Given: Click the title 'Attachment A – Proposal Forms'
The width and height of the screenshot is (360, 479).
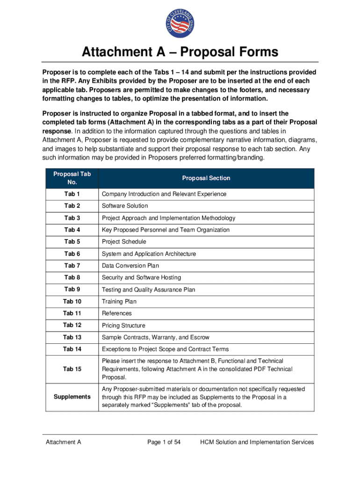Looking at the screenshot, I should click(x=180, y=51).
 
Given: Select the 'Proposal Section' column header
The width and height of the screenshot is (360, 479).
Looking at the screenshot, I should click(x=206, y=178).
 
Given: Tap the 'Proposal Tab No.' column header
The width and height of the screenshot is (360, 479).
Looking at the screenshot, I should click(x=72, y=178).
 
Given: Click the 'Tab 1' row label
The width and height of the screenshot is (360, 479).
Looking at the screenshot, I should click(x=72, y=194).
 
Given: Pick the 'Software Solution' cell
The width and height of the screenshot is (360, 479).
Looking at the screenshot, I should click(x=125, y=206).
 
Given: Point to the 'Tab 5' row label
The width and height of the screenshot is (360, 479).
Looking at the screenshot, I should click(x=72, y=242).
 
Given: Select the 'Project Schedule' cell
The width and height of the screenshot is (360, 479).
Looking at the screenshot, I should click(x=124, y=242).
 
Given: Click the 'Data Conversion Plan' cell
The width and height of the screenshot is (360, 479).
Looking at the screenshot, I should click(x=130, y=266).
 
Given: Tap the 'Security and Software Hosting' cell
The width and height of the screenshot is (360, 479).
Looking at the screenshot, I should click(x=141, y=277).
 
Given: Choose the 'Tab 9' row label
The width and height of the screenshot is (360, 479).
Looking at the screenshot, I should click(x=72, y=290).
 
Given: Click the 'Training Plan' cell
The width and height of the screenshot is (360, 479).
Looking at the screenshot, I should click(x=119, y=302).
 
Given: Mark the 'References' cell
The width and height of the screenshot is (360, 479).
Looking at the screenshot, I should click(x=117, y=313).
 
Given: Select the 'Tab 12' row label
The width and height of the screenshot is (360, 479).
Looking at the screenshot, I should click(x=72, y=325).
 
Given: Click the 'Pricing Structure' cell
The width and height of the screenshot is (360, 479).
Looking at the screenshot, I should click(x=123, y=326).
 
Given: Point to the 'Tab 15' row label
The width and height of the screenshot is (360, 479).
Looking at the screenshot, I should click(x=72, y=369).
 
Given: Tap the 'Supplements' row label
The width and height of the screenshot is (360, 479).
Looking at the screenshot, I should click(x=72, y=397).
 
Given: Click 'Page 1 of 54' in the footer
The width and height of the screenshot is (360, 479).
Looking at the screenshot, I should click(x=164, y=442).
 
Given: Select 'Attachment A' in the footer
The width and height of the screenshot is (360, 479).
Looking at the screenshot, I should click(x=64, y=442).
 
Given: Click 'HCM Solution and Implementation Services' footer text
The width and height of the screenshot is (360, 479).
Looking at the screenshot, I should click(x=257, y=442).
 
